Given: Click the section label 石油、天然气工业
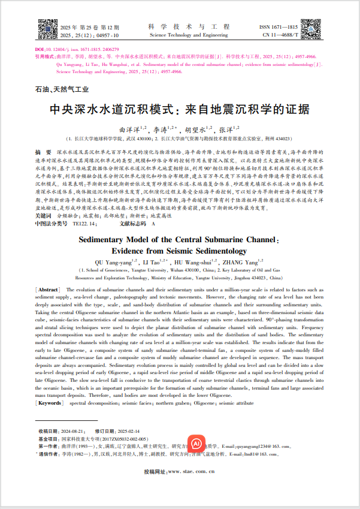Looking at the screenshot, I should [62, 89].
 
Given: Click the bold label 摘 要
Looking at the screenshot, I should [43, 153].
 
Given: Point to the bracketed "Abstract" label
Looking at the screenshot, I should [47, 290].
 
